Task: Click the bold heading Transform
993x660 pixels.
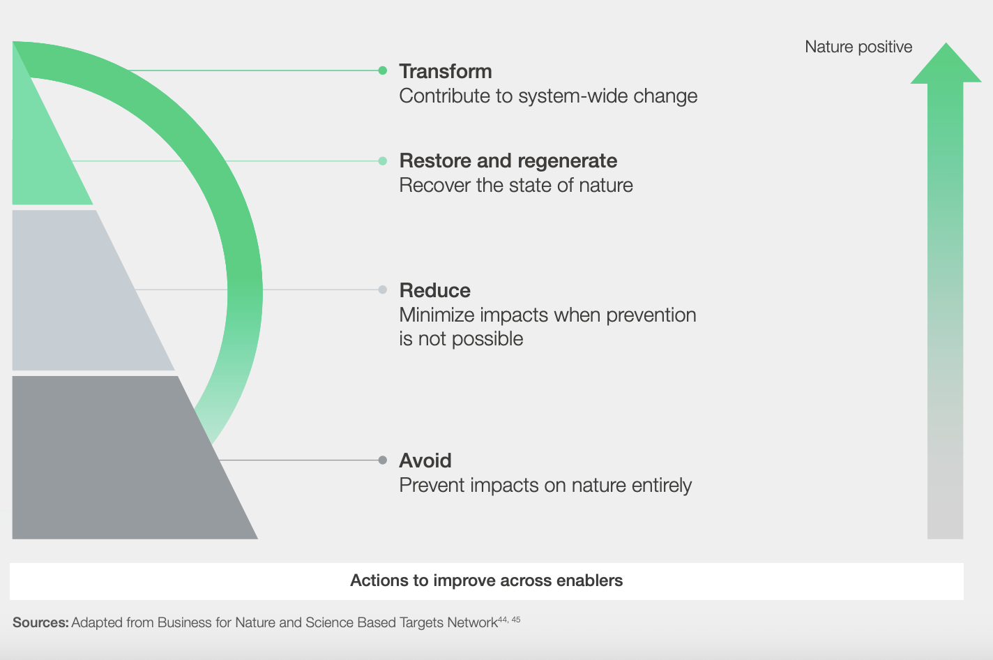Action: click(446, 71)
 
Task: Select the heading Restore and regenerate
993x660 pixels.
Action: click(508, 160)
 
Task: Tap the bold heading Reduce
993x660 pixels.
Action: click(435, 290)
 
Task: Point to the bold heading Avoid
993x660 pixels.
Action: click(425, 460)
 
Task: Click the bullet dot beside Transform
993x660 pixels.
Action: click(383, 70)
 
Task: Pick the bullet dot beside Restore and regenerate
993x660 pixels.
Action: click(383, 161)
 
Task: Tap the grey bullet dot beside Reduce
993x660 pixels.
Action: click(383, 290)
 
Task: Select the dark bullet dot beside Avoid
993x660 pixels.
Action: click(383, 460)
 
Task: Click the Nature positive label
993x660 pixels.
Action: click(858, 47)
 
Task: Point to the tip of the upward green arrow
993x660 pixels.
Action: click(946, 43)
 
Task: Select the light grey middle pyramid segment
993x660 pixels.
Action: click(79, 290)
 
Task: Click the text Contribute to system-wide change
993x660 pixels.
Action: click(548, 96)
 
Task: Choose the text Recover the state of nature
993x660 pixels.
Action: click(516, 186)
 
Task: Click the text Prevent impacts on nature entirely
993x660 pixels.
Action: click(545, 486)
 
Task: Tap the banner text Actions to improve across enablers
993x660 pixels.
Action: click(486, 580)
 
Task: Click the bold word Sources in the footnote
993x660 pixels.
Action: click(40, 623)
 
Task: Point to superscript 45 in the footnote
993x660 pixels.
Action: click(516, 620)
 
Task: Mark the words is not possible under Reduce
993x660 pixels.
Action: click(461, 339)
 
